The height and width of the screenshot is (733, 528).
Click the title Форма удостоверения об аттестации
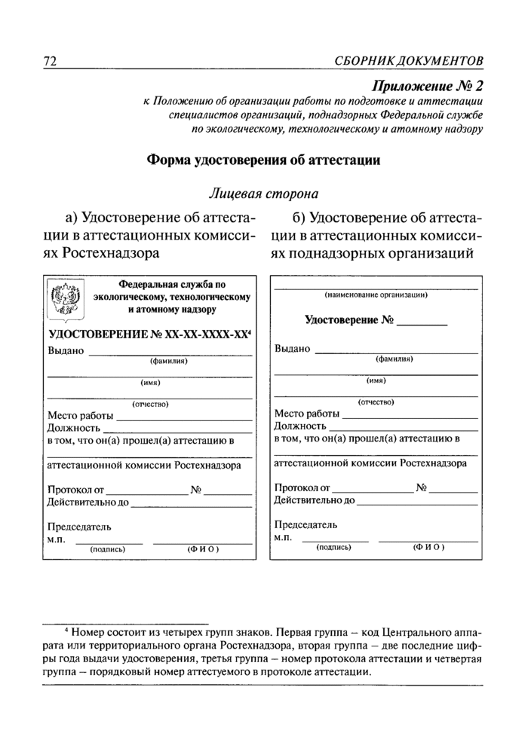click(262, 160)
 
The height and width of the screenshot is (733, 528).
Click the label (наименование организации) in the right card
click(376, 295)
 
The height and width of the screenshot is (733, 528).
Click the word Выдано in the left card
click(66, 351)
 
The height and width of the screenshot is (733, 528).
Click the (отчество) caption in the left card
click(150, 404)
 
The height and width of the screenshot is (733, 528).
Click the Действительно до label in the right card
click(315, 499)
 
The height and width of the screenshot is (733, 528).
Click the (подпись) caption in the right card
click(333, 546)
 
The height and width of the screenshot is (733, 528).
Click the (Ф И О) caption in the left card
click(203, 549)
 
